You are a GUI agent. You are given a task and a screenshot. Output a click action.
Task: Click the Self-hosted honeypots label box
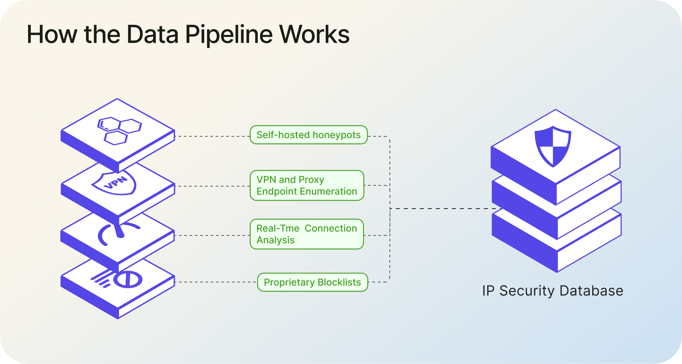pyautogui.click(x=308, y=135)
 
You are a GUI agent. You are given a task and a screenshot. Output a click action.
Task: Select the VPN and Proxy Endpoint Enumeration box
pyautogui.click(x=307, y=186)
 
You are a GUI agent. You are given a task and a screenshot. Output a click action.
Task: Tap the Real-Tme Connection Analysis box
pyautogui.click(x=307, y=234)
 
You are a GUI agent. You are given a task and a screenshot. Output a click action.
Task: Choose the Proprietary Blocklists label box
pyautogui.click(x=312, y=282)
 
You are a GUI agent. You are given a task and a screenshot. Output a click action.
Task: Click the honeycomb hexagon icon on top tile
pyautogui.click(x=119, y=130)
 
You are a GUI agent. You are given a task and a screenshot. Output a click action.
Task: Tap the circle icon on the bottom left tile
pyautogui.click(x=128, y=279)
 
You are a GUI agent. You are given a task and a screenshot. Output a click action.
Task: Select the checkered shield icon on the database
pyautogui.click(x=553, y=146)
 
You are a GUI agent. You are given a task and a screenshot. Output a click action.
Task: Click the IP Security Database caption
pyautogui.click(x=552, y=291)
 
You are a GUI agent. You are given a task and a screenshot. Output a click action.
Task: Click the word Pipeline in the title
pyautogui.click(x=229, y=35)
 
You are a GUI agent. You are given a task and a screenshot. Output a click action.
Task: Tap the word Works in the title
pyautogui.click(x=314, y=35)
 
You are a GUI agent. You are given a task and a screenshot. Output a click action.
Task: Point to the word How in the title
pyautogui.click(x=52, y=35)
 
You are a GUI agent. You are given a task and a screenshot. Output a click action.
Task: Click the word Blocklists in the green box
pyautogui.click(x=339, y=282)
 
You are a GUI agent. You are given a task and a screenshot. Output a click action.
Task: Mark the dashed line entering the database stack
pyautogui.click(x=444, y=209)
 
